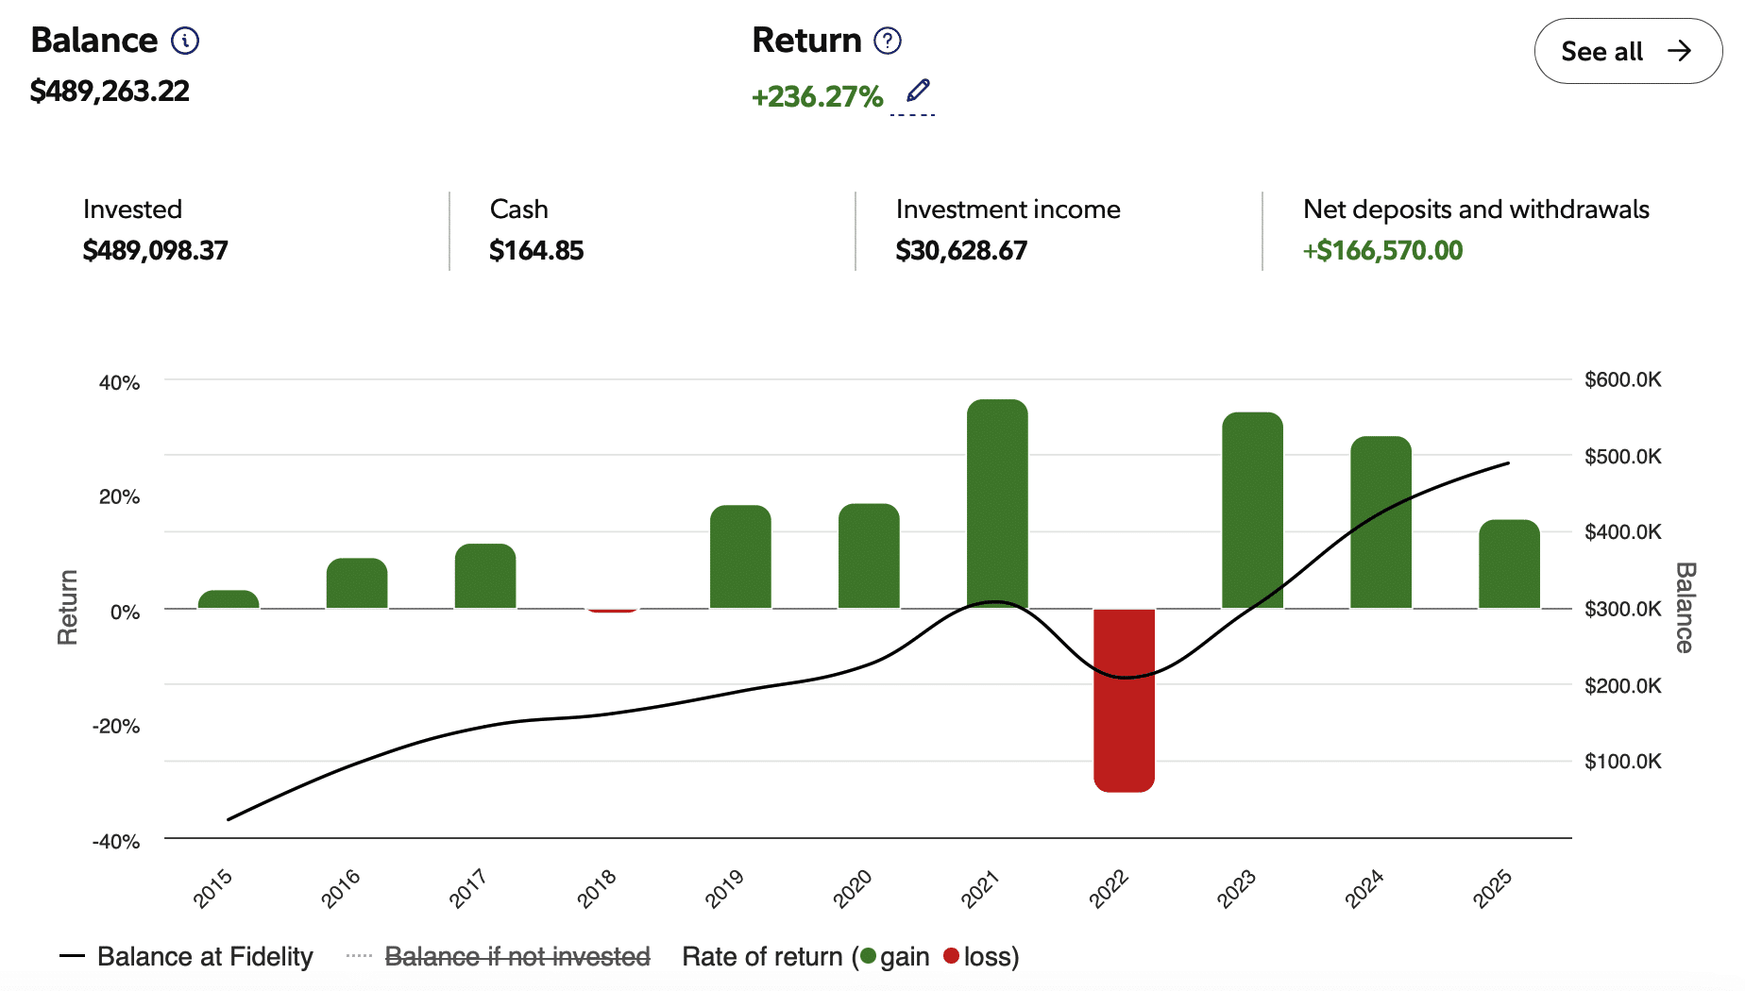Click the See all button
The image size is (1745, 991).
pos(1627,51)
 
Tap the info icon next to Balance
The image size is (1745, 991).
pos(185,41)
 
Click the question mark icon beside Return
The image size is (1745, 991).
pos(888,41)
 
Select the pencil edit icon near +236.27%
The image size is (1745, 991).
pos(918,91)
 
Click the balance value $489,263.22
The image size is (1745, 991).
pos(110,92)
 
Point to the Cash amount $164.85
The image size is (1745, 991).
pos(536,250)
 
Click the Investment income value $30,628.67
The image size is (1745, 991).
pos(961,250)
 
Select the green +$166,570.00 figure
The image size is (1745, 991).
pos(1382,250)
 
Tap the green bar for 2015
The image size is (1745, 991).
pos(229,599)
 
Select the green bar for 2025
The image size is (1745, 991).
pos(1509,564)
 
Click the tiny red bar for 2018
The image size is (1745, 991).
pos(613,611)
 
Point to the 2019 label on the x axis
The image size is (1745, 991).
pos(724,888)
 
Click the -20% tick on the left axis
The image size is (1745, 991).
pos(116,726)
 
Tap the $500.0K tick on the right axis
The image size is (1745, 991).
pos(1622,457)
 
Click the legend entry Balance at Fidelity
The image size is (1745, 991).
pos(204,957)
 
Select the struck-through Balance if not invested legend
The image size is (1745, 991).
pos(517,957)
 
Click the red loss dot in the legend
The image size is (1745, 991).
pos(951,956)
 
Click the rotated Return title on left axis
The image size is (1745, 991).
pos(67,608)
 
